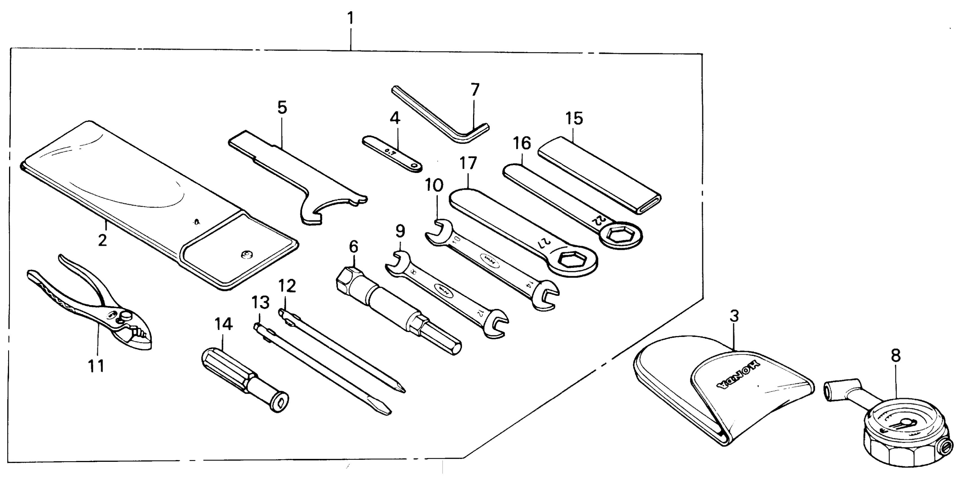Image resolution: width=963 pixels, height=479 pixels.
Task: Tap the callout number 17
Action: click(x=468, y=163)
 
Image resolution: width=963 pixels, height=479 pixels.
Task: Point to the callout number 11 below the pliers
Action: click(x=96, y=366)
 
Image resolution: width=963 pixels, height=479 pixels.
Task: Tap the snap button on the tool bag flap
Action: click(x=246, y=255)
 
